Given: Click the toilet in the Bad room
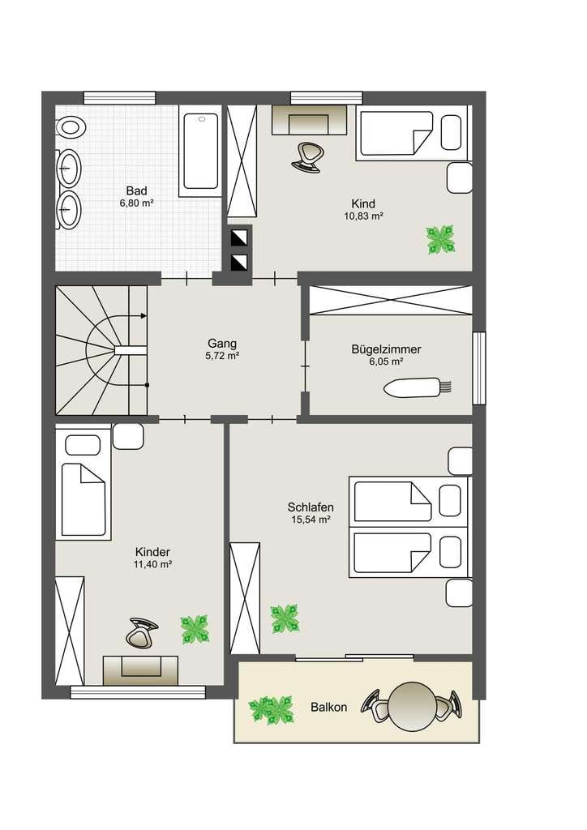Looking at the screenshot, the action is pos(71,127).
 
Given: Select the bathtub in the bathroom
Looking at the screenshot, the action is pos(200,151).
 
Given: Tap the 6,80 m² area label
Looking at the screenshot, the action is pos(136,203).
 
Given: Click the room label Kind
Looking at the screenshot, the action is pos(363,203).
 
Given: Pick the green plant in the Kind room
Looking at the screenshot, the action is pos(441,240).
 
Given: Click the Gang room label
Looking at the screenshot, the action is pos(222,344).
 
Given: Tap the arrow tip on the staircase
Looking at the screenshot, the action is pos(145,315).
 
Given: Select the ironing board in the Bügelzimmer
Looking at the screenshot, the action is pos(418,387).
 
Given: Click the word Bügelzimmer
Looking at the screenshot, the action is pos(387,349).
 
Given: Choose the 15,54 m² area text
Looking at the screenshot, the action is pos(311,520).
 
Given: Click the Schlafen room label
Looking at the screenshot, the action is pos(311,507).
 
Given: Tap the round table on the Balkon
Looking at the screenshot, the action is pos(412,705).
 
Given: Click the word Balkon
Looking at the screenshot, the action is pos(328,707).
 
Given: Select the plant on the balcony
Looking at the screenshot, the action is pos(271,710).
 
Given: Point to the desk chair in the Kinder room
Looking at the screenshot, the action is pos(142,632).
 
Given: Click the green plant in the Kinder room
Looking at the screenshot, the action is pos(195,629).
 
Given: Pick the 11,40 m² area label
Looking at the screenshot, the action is pos(152,565).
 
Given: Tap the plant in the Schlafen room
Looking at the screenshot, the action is pos(285,618).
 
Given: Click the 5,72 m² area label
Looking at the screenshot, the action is pos(222,357).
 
